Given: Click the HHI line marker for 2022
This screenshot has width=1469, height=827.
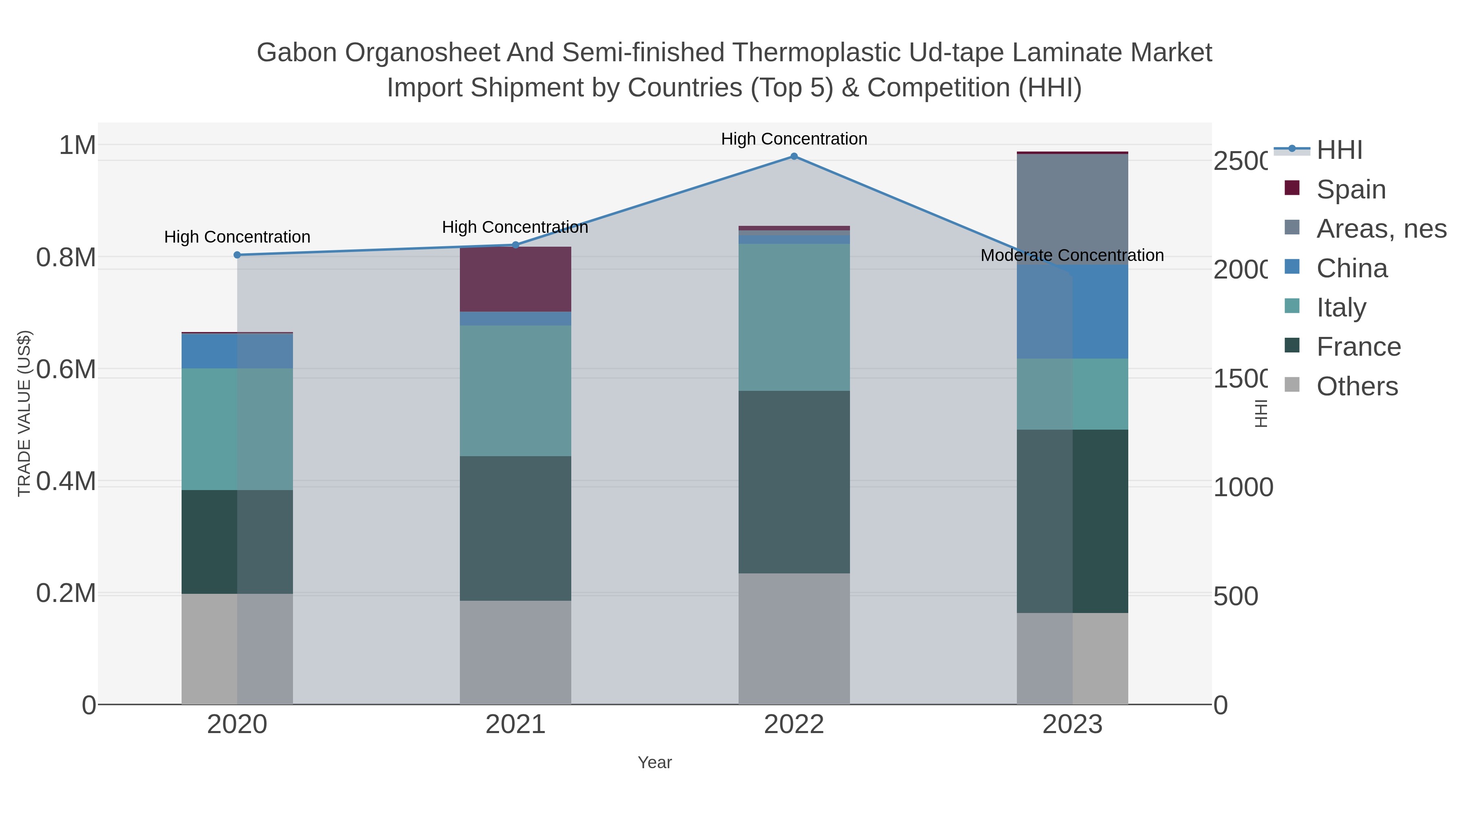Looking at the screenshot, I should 794,156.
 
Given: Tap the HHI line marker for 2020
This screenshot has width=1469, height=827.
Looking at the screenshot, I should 237,255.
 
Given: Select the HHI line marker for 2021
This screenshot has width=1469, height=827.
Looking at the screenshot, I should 515,245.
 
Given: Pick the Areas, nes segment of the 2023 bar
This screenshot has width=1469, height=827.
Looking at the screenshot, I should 1072,209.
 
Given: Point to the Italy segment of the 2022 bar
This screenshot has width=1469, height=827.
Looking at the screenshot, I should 794,317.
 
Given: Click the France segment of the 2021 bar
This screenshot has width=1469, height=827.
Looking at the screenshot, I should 515,528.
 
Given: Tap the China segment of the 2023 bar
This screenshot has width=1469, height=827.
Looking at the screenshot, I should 1072,312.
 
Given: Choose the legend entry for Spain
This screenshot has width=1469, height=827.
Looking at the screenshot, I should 1350,189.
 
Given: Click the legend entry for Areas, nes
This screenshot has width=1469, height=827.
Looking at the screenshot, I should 1380,229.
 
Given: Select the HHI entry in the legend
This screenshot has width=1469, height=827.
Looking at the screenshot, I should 1339,150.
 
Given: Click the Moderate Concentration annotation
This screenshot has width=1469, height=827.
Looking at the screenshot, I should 1072,255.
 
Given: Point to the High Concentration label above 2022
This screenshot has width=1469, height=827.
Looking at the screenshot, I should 794,139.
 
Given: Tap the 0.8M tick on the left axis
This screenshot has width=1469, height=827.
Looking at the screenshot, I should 66,257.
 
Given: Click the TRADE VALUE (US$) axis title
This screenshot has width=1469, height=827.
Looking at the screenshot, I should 24,413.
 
